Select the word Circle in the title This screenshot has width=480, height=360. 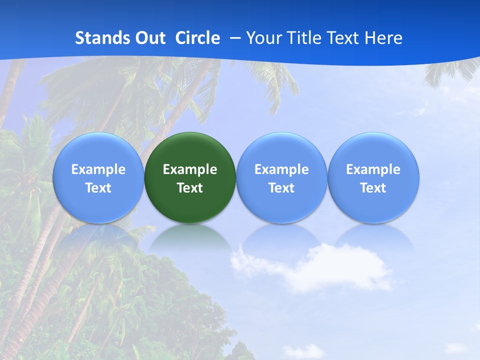197,38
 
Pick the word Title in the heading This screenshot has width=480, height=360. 303,38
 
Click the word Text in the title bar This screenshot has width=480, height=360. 344,38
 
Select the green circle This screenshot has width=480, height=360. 190,178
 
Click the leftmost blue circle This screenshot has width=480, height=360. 98,178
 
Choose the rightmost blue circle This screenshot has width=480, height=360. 373,178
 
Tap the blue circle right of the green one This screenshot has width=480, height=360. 281,178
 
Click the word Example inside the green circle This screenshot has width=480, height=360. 190,169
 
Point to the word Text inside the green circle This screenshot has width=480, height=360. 190,188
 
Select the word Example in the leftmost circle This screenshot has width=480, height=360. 98,169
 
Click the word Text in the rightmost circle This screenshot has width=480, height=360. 373,188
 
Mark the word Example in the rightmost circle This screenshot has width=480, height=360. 373,169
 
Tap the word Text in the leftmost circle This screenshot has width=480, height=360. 98,188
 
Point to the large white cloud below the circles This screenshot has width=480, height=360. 320,267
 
